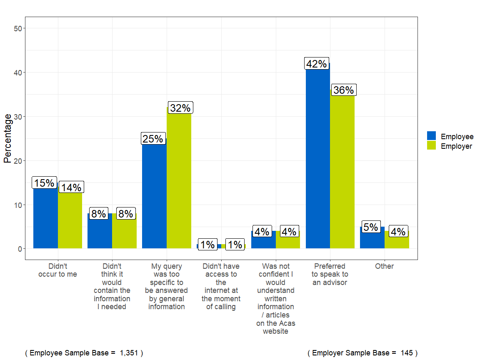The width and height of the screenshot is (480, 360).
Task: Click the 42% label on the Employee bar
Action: tap(317, 64)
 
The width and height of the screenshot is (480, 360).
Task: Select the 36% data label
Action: tap(343, 90)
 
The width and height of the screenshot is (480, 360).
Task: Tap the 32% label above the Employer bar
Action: tap(180, 108)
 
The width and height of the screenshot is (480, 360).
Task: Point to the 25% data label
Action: tap(153, 139)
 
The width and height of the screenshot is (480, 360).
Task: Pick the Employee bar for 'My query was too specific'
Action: tap(154, 196)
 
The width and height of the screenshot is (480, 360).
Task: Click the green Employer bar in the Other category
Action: tap(397, 242)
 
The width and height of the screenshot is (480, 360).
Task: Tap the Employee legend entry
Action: tap(450, 136)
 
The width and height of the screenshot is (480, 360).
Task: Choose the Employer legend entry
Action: tap(450, 146)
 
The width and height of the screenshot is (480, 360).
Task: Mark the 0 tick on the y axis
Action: tap(20, 249)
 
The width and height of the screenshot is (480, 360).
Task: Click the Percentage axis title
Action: tap(7, 138)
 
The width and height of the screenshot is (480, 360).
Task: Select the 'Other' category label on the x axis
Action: tap(384, 266)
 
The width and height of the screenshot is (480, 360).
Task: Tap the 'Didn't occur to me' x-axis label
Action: tap(57, 270)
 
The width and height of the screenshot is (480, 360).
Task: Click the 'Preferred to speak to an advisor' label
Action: tap(330, 274)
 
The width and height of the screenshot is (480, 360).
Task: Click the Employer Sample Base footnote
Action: tap(362, 353)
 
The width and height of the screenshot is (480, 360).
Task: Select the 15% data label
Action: tap(44, 183)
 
